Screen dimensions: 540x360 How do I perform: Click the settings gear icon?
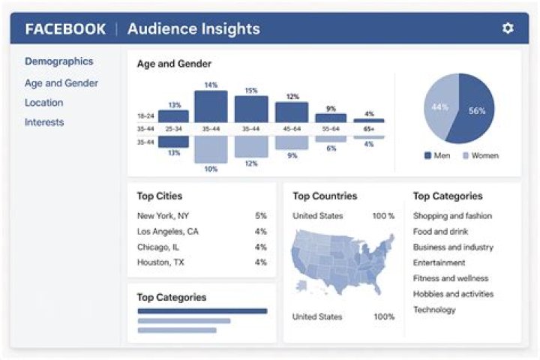pyautogui.click(x=508, y=28)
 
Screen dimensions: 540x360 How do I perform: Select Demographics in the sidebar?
pyautogui.click(x=59, y=61)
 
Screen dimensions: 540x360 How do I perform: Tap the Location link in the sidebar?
pyautogui.click(x=43, y=102)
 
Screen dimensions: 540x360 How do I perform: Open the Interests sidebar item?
pyautogui.click(x=44, y=122)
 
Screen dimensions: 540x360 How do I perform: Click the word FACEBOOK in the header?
pyautogui.click(x=65, y=29)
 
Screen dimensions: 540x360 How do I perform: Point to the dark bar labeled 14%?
pyautogui.click(x=211, y=106)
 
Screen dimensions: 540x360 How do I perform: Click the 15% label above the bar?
pyautogui.click(x=251, y=91)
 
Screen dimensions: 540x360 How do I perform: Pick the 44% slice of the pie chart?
pyautogui.click(x=439, y=106)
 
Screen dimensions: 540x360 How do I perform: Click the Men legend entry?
pyautogui.click(x=437, y=155)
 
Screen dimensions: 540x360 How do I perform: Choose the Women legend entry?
pyautogui.click(x=481, y=155)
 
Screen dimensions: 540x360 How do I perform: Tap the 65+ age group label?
pyautogui.click(x=368, y=129)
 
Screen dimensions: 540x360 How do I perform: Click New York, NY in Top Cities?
pyautogui.click(x=163, y=216)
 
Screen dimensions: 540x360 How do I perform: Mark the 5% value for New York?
pyautogui.click(x=261, y=216)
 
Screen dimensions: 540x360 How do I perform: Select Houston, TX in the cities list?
pyautogui.click(x=160, y=262)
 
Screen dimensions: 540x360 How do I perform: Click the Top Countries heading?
pyautogui.click(x=325, y=196)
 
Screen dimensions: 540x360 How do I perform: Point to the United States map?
pyautogui.click(x=342, y=262)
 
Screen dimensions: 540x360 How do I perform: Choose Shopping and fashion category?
pyautogui.click(x=452, y=216)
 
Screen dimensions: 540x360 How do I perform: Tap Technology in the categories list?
pyautogui.click(x=434, y=310)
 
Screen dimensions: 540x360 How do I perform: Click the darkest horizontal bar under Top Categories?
pyautogui.click(x=202, y=311)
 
